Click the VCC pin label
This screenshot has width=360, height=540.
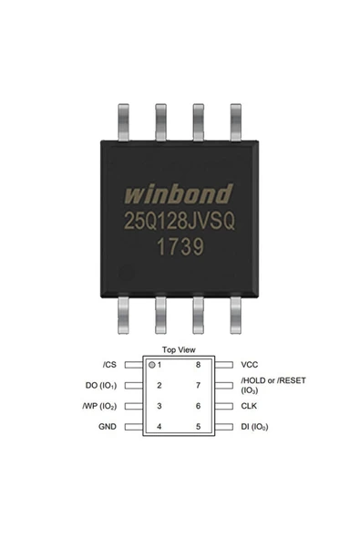[x=251, y=364]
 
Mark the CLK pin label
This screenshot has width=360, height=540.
[x=250, y=406]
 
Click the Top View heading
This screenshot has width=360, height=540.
[x=178, y=349]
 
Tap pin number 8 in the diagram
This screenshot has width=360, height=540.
[x=197, y=364]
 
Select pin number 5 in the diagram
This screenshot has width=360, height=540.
[x=197, y=426]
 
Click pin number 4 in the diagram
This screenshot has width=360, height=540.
[x=159, y=426]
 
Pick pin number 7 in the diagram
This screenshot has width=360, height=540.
[x=197, y=385]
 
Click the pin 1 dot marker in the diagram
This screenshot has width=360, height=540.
[x=151, y=364]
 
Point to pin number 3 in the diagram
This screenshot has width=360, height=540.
[x=159, y=406]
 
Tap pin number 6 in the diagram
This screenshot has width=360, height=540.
[x=197, y=406]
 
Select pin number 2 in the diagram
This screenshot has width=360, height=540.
[x=159, y=385]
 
